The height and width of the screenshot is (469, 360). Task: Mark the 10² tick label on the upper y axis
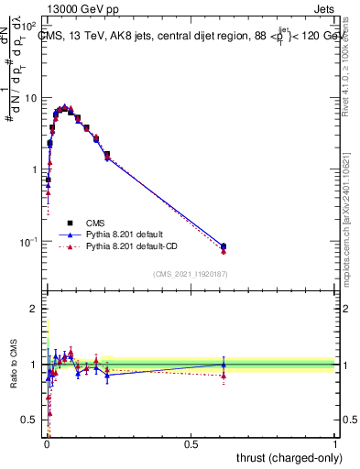click(29, 27)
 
